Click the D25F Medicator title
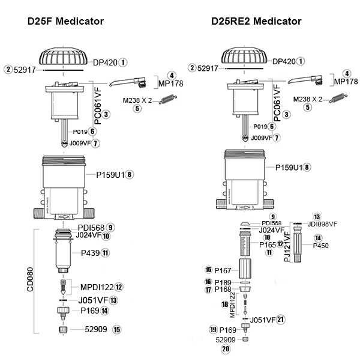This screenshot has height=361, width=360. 65,22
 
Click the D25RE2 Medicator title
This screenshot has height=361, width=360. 256,22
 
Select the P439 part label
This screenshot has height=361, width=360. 89,253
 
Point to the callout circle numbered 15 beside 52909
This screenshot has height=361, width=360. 117,329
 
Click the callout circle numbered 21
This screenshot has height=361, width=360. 280,320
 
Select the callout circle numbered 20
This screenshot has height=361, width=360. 226,348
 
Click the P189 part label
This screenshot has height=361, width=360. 223,282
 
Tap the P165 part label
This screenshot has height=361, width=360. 267,244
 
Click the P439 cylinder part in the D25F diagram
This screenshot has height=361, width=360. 63,255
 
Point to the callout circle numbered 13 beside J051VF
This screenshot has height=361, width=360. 113,300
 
